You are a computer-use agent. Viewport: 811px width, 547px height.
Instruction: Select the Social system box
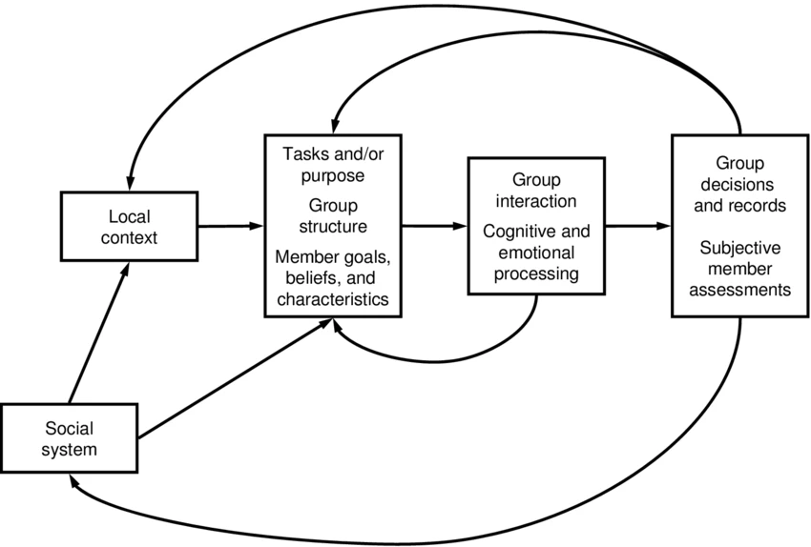[69, 437]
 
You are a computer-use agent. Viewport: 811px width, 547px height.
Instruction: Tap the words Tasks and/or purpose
[331, 164]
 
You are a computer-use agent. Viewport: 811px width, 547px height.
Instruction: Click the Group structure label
[331, 215]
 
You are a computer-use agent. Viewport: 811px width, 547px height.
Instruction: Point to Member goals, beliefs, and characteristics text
[331, 276]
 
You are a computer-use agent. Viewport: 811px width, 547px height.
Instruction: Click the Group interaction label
[535, 190]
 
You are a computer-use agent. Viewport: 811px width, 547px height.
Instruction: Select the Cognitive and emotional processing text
[535, 253]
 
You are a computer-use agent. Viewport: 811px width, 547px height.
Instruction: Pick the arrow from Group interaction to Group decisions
[637, 226]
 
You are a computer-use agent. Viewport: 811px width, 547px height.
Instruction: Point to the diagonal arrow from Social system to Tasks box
[234, 379]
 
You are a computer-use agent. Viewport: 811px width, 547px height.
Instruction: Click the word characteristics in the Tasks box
[331, 299]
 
